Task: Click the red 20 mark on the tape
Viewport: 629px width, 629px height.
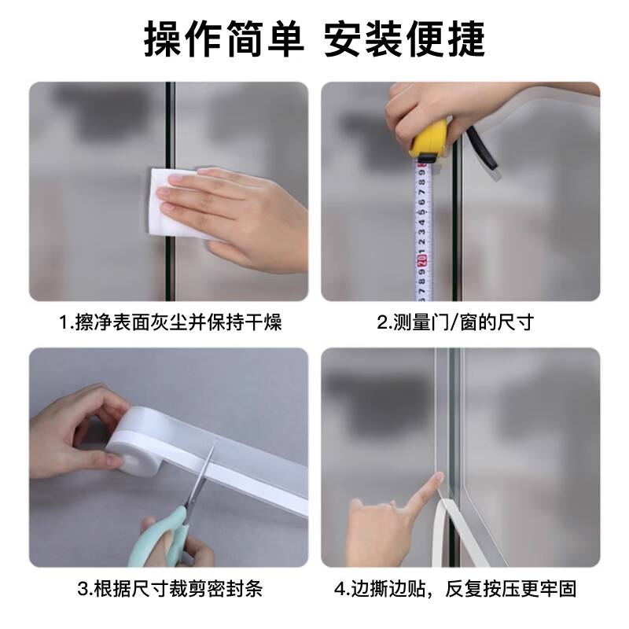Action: click(x=421, y=261)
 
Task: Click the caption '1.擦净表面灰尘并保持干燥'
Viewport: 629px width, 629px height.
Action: click(x=171, y=322)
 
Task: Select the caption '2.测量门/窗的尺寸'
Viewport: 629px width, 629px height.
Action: click(x=455, y=322)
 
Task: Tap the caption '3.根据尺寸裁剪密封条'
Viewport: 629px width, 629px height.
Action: click(x=170, y=588)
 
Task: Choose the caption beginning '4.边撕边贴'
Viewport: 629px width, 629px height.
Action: click(x=455, y=588)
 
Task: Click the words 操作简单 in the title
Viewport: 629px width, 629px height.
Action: click(x=224, y=39)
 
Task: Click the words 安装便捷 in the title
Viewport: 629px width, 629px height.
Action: click(x=404, y=39)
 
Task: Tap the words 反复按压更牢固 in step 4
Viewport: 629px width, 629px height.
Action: click(x=511, y=588)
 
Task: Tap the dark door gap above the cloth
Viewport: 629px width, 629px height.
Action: click(x=170, y=124)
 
